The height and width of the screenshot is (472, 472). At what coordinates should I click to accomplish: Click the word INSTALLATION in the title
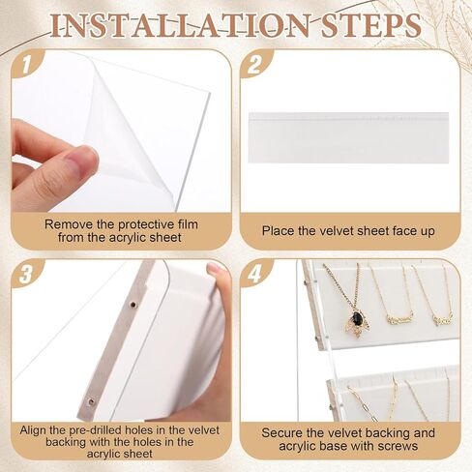point(179,25)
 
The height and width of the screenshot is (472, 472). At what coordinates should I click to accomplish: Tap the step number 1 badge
point(26,66)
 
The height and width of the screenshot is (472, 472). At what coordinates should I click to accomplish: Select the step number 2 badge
point(254,64)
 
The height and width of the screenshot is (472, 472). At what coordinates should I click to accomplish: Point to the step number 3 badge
point(26,275)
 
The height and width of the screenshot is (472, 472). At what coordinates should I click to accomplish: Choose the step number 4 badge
point(254,275)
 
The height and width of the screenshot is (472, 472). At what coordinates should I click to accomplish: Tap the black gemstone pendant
point(356,318)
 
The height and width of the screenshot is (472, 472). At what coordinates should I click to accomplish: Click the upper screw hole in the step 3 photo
point(133,304)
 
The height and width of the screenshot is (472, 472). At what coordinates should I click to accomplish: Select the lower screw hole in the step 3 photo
point(91,401)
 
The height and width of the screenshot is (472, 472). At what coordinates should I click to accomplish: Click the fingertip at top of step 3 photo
point(216,269)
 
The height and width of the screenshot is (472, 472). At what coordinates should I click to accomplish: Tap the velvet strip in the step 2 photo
point(348,137)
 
